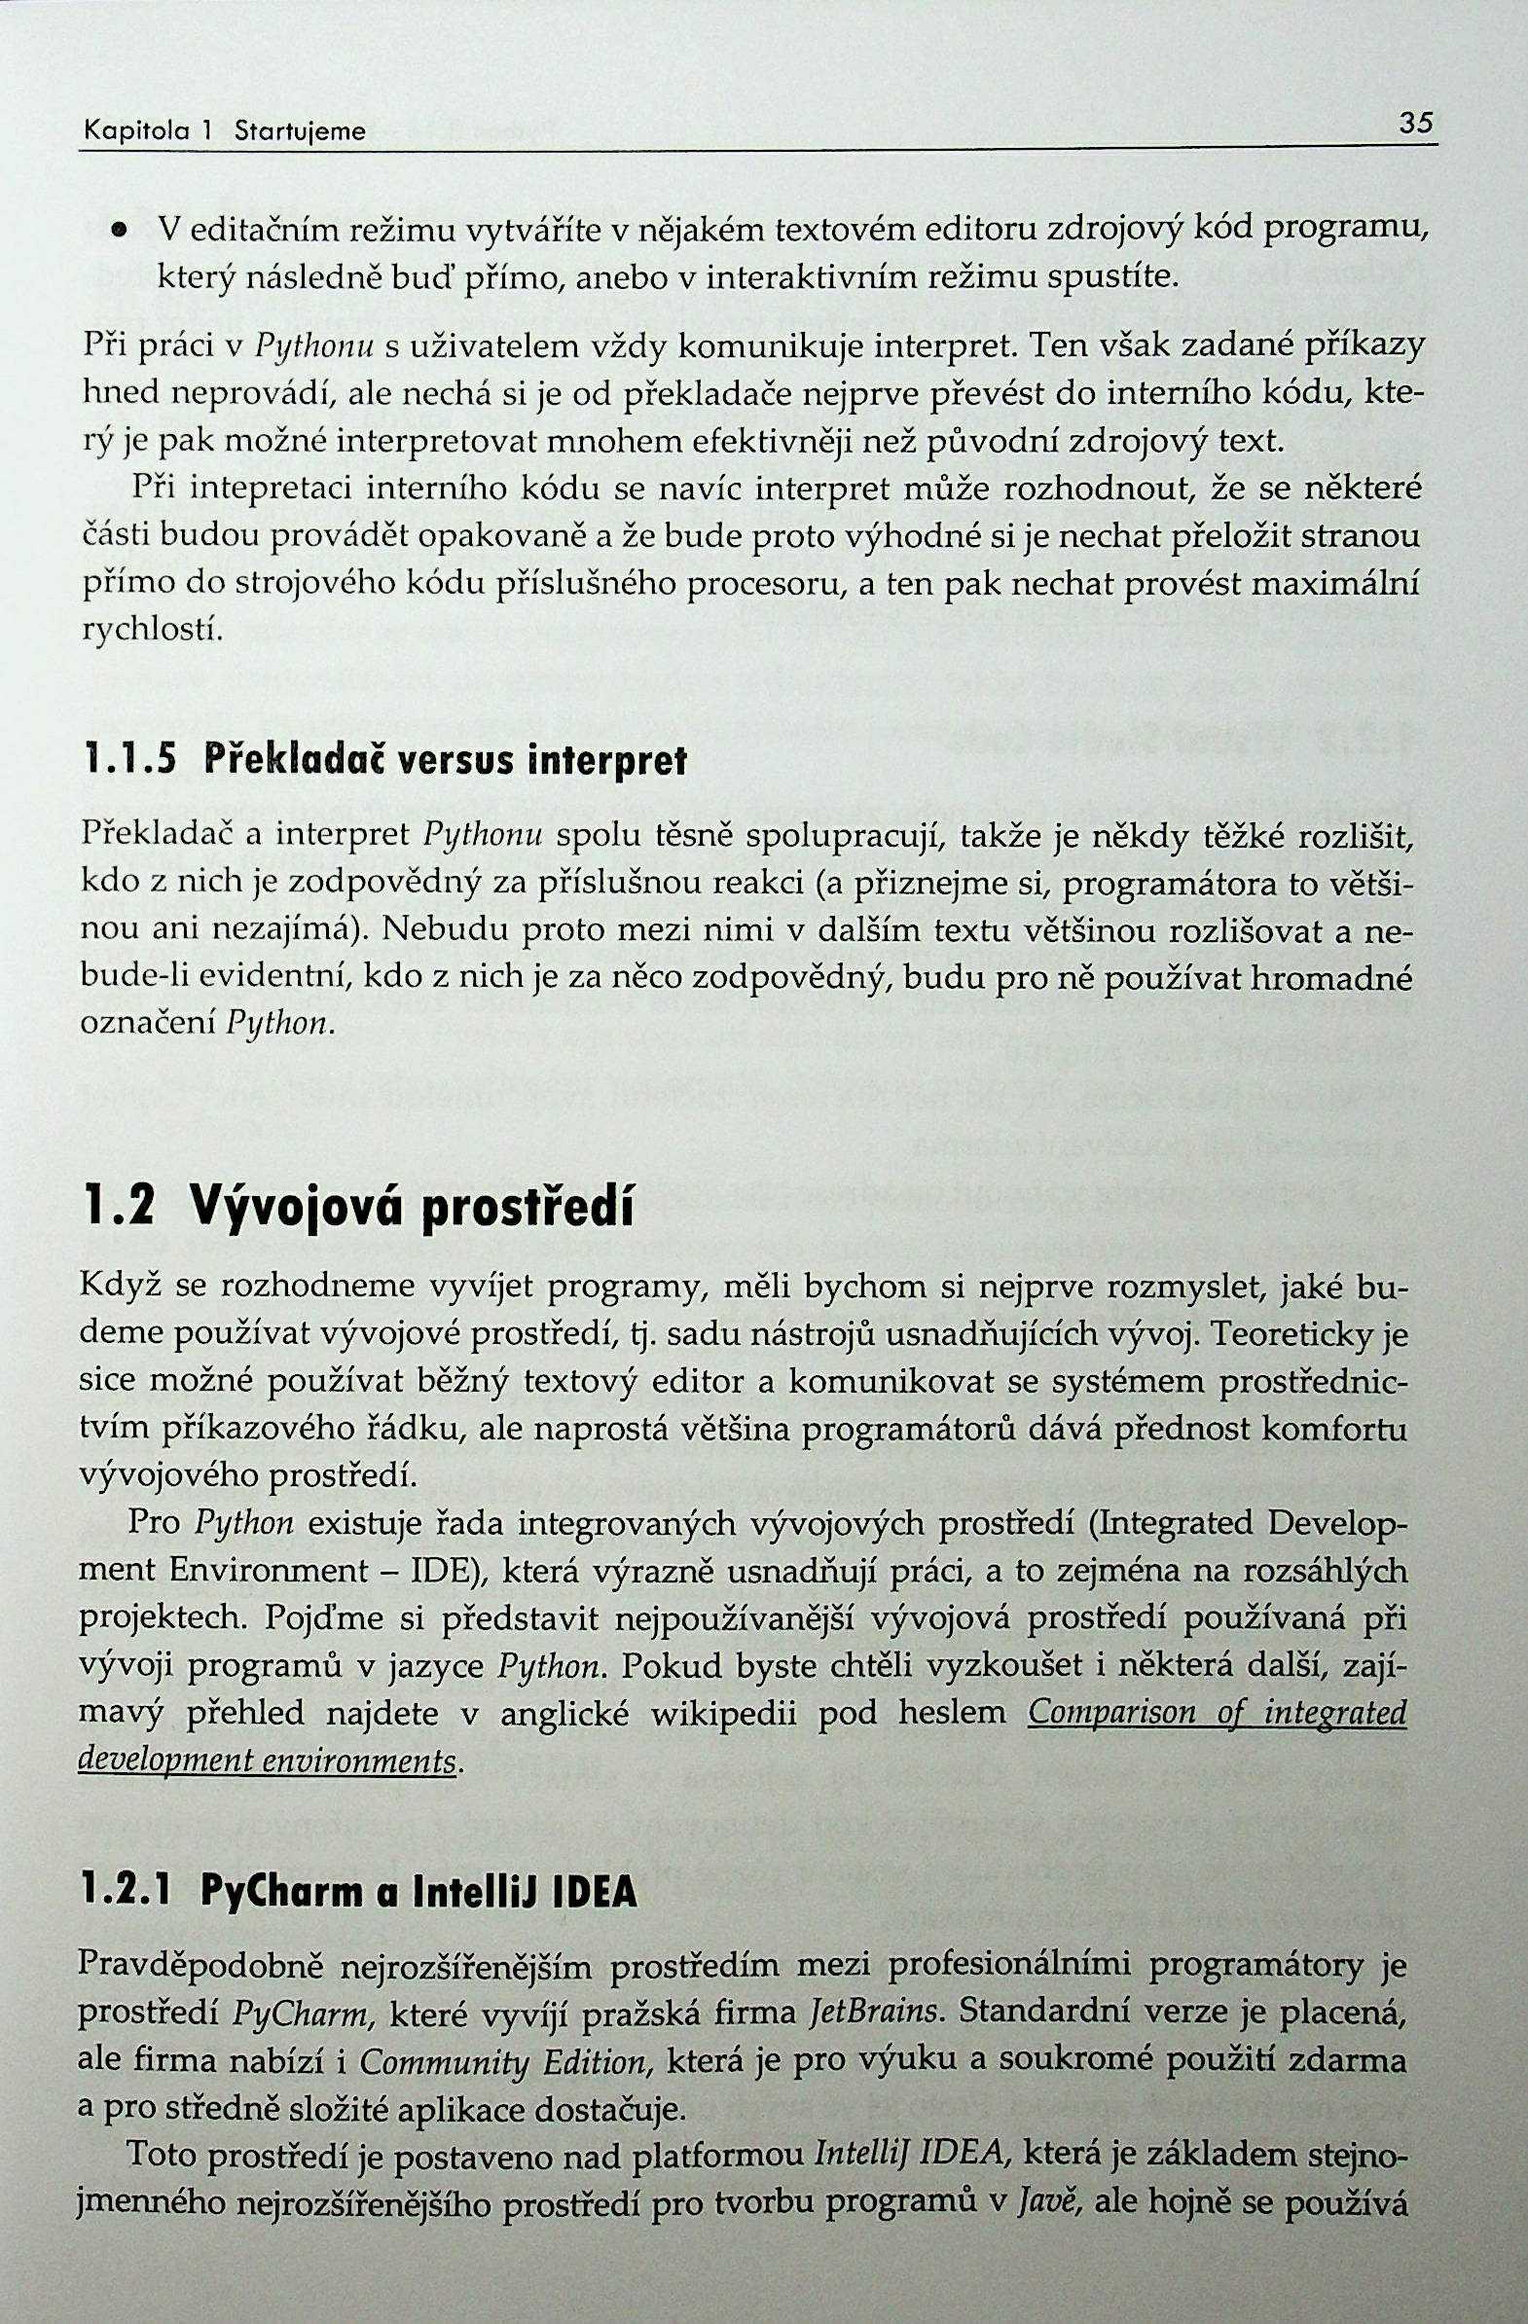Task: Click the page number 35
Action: (x=1415, y=124)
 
